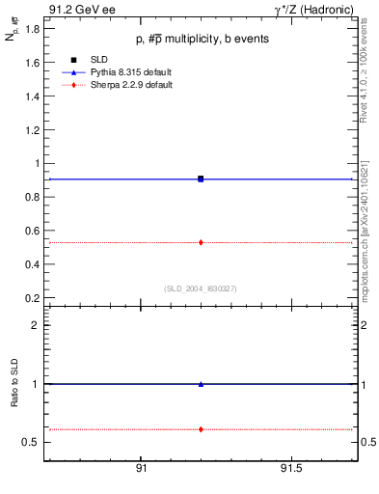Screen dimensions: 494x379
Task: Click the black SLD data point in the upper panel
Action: point(201,178)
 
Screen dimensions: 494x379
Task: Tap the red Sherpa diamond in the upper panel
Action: point(201,242)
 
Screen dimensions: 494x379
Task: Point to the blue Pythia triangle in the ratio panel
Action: point(201,384)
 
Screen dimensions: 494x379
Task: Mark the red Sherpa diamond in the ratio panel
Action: point(201,428)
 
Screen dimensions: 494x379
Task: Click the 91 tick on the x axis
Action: point(141,468)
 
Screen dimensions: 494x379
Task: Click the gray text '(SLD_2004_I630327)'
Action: point(201,288)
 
